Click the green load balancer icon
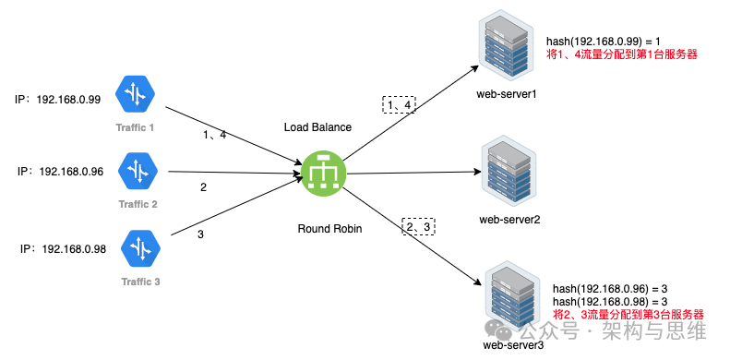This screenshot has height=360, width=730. click(323, 174)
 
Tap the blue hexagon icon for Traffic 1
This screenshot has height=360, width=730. click(135, 94)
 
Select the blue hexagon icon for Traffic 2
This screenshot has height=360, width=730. click(138, 171)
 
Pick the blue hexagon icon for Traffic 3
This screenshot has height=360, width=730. click(140, 248)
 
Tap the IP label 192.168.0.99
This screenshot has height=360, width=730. click(68, 100)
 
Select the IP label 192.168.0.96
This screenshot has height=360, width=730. click(71, 172)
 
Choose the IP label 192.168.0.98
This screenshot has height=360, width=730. click(74, 249)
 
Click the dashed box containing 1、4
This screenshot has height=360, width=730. click(399, 105)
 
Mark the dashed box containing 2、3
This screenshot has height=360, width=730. click(418, 226)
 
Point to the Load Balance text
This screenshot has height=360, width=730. click(318, 127)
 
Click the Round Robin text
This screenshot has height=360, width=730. click(329, 229)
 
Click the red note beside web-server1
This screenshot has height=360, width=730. click(622, 54)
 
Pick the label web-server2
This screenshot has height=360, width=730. click(509, 219)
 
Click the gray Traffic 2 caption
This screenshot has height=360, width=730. click(138, 204)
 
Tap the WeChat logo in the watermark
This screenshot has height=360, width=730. click(498, 330)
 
